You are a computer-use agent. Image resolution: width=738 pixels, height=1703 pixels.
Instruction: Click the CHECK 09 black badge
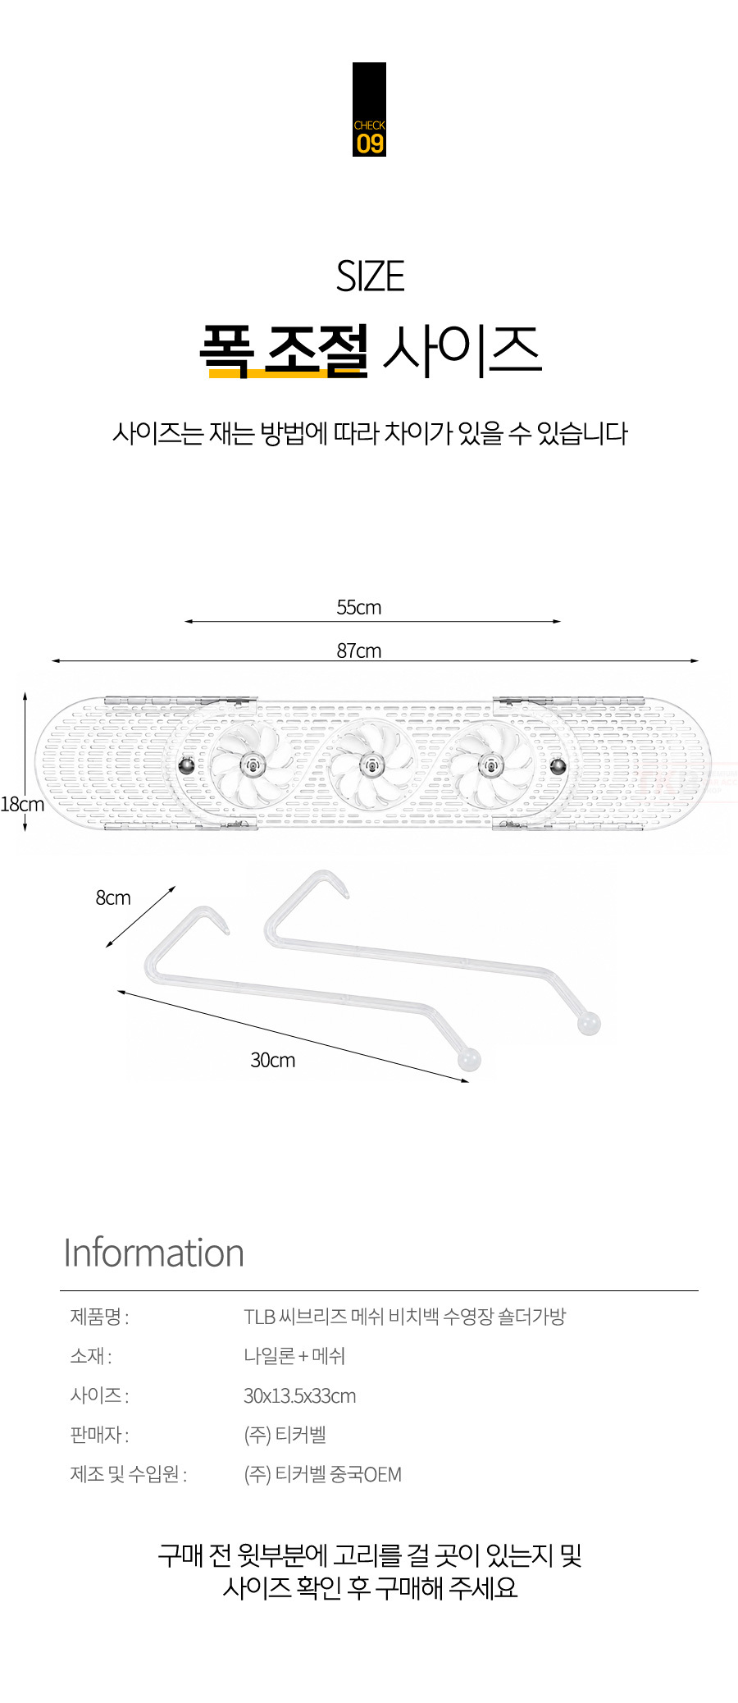[x=369, y=109]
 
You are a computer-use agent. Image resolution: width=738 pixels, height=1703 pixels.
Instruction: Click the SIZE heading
[x=370, y=276]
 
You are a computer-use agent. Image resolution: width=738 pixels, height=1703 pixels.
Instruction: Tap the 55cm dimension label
[x=359, y=607]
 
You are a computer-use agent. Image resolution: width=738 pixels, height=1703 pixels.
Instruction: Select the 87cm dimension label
[x=359, y=651]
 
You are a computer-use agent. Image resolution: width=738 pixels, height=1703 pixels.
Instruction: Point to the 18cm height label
[x=22, y=804]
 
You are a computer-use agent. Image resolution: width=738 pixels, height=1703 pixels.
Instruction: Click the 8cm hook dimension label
[x=113, y=897]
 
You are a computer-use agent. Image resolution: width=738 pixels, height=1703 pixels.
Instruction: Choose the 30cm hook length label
[x=273, y=1060]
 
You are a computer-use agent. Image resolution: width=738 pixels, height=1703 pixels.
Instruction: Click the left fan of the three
[x=251, y=766]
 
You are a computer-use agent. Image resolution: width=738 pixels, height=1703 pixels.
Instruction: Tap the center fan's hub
[x=371, y=766]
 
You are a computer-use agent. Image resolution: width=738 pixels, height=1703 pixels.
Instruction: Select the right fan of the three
[x=491, y=766]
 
